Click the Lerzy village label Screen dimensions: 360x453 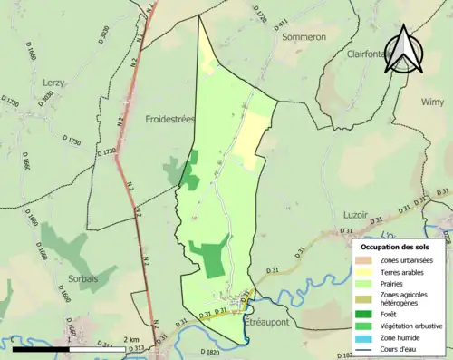(53, 83)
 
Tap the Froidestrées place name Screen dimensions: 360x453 (169, 119)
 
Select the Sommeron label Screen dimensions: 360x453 (304, 37)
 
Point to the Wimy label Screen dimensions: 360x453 (432, 102)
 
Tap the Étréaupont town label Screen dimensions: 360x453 (269, 322)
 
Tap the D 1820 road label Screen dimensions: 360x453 (206, 353)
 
